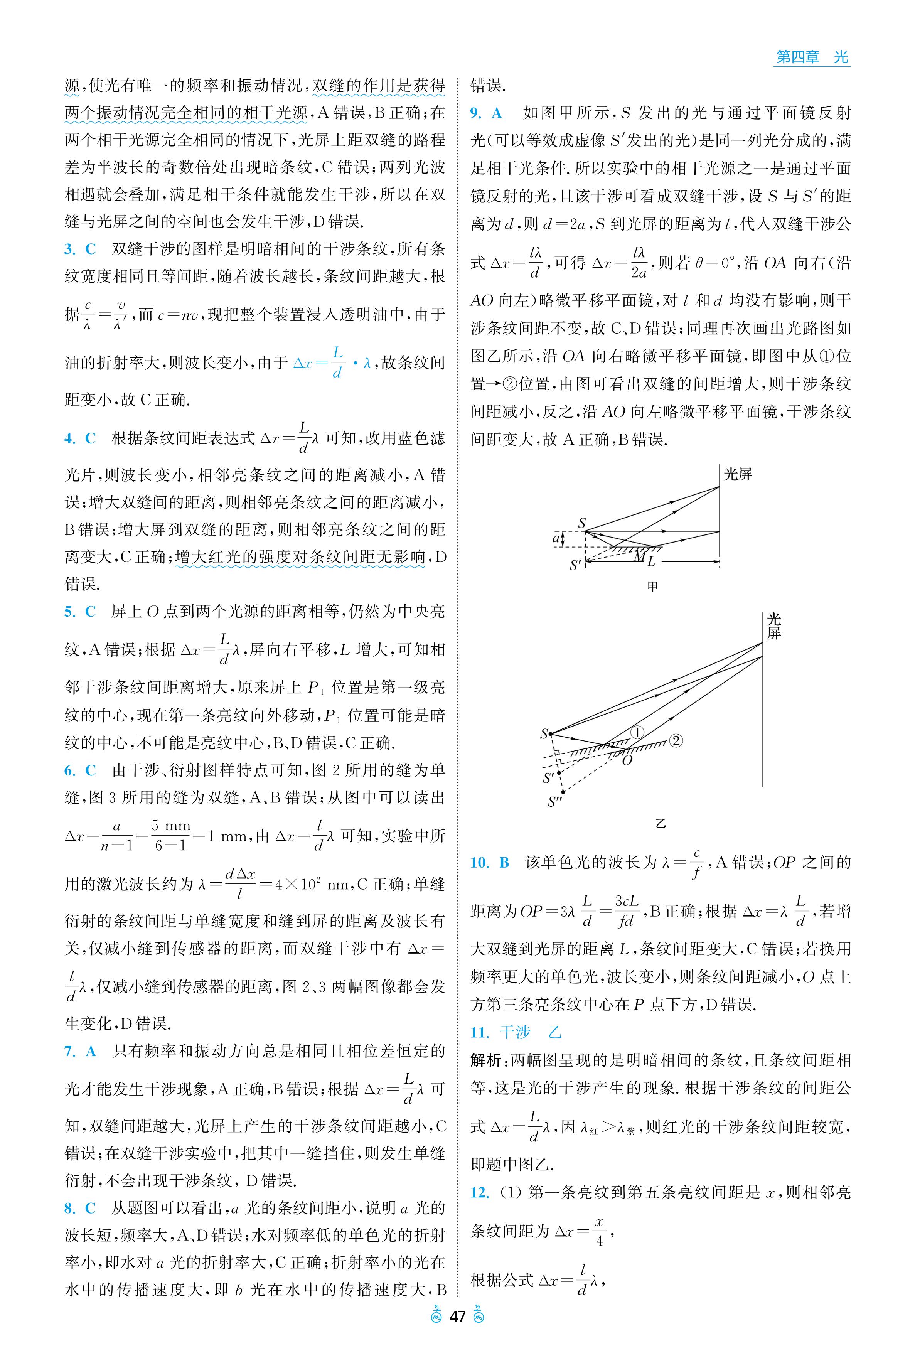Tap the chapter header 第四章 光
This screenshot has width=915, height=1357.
[x=811, y=57]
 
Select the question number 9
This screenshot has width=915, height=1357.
[x=475, y=113]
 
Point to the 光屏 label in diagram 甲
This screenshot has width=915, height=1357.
[x=738, y=474]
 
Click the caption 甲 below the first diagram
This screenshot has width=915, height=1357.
[x=653, y=587]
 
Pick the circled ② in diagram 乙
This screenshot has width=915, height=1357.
[x=676, y=741]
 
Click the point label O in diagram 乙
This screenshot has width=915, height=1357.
[x=627, y=760]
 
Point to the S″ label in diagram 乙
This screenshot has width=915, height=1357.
[x=554, y=802]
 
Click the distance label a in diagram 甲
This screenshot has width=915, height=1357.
[x=556, y=538]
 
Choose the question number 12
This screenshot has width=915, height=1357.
[x=479, y=1192]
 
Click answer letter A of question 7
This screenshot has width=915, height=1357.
[x=91, y=1051]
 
